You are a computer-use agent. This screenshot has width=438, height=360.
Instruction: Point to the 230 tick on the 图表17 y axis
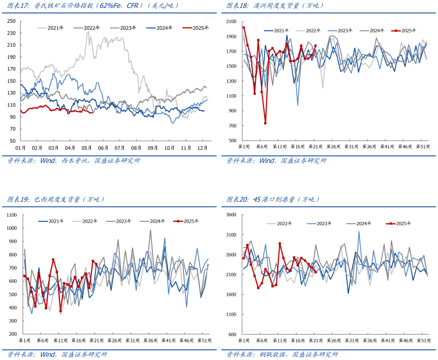pos(12,33)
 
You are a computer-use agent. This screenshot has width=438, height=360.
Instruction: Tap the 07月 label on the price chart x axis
pos(120,147)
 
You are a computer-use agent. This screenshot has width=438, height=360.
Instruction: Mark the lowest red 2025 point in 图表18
pos(265,123)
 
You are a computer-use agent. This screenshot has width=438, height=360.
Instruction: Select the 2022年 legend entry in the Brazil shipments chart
pos(90,221)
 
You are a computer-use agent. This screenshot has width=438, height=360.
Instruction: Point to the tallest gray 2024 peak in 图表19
pos(151,230)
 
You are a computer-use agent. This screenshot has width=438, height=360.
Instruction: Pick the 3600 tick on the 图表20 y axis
pos(231,215)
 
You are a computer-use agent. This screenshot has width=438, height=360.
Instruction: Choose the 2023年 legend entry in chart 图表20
pos(324,224)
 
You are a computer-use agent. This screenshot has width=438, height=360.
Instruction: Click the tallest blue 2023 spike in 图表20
pos(359,232)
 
